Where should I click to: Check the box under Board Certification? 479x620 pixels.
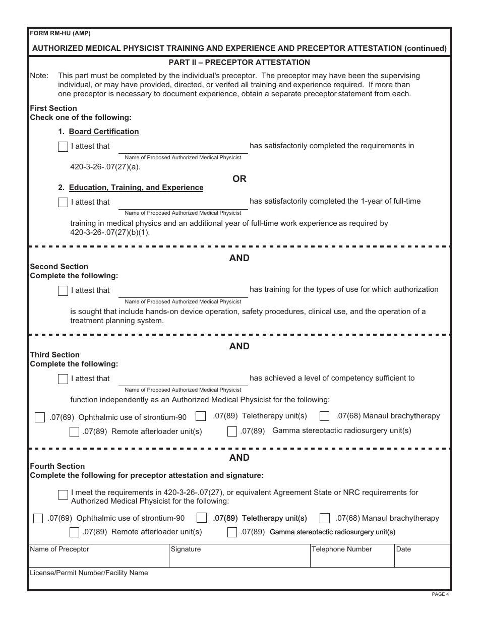pyautogui.click(x=63, y=147)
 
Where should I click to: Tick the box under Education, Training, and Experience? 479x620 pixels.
pyautogui.click(x=63, y=203)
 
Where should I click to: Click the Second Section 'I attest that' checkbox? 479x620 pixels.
pyautogui.click(x=63, y=291)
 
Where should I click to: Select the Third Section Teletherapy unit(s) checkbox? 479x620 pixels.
pyautogui.click(x=201, y=416)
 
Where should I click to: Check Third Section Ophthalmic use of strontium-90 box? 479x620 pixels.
pyautogui.click(x=40, y=418)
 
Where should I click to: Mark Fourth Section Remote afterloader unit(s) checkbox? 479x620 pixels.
pyautogui.click(x=74, y=532)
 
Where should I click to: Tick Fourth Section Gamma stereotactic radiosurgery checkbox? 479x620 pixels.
pyautogui.click(x=232, y=532)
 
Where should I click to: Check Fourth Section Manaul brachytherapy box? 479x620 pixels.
pyautogui.click(x=325, y=519)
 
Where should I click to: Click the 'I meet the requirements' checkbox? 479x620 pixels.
pyautogui.click(x=63, y=494)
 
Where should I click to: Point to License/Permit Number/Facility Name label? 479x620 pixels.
pyautogui.click(x=89, y=573)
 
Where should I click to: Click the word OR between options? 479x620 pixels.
pyautogui.click(x=239, y=179)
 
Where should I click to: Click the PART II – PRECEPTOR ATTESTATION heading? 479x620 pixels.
pyautogui.click(x=239, y=63)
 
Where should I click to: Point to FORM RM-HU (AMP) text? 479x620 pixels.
pyautogui.click(x=60, y=33)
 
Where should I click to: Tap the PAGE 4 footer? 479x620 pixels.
pyautogui.click(x=440, y=594)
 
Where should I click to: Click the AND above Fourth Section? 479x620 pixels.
pyautogui.click(x=239, y=458)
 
